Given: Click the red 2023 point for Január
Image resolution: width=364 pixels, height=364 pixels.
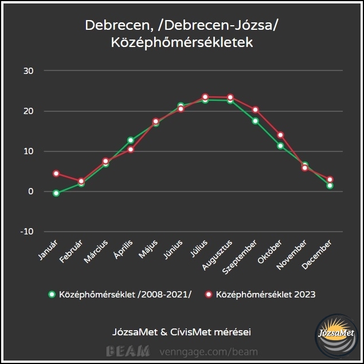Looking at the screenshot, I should [56, 173].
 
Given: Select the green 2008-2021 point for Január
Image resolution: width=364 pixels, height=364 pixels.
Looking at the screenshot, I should [56, 193].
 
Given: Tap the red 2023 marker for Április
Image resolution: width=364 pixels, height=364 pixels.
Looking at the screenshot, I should [131, 150].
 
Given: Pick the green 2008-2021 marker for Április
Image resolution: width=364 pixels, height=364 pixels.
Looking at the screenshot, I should [131, 140].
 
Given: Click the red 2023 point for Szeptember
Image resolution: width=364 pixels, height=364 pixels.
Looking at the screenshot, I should [255, 109].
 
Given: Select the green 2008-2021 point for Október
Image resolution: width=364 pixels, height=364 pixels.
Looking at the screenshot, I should [280, 146].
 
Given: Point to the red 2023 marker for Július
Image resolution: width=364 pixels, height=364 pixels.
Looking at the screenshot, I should [205, 97].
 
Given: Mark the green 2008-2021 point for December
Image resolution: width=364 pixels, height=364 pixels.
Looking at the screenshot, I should [330, 186].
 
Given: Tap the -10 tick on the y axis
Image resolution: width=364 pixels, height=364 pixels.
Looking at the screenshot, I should [27, 232].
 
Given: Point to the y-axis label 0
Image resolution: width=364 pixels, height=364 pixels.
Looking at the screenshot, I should [32, 191].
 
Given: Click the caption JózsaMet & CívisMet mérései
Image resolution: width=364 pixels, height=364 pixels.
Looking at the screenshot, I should [182, 332].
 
